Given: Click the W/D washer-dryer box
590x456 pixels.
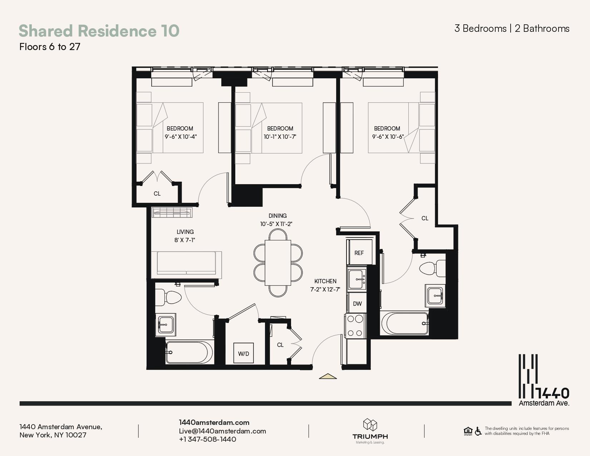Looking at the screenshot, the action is [x=244, y=353].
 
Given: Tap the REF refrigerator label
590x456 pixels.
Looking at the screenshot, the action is [x=359, y=253].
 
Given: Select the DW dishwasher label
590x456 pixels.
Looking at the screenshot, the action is [x=357, y=304].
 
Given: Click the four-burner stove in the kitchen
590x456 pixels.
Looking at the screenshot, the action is [x=356, y=325].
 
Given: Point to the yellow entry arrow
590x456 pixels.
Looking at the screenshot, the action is [x=328, y=376].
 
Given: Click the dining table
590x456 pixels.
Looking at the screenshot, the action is [x=278, y=263].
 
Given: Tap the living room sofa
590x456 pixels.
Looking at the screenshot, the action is [x=186, y=265].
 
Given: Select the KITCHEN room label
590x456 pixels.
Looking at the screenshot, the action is [x=325, y=281].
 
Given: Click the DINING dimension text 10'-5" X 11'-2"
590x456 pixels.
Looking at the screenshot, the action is [x=276, y=224].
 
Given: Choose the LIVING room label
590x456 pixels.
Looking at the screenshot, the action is [x=185, y=232].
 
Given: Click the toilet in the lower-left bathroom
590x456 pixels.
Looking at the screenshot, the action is [x=168, y=298].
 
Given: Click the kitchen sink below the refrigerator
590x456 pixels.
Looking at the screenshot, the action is [x=357, y=279].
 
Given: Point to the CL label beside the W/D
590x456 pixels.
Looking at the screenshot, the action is [x=280, y=345].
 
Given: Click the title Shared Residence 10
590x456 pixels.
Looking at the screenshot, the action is [x=99, y=31].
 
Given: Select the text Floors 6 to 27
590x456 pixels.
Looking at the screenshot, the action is [x=50, y=47].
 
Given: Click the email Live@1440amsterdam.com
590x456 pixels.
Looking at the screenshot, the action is [x=222, y=431].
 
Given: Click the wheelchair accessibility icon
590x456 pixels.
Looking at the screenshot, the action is [x=478, y=431].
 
